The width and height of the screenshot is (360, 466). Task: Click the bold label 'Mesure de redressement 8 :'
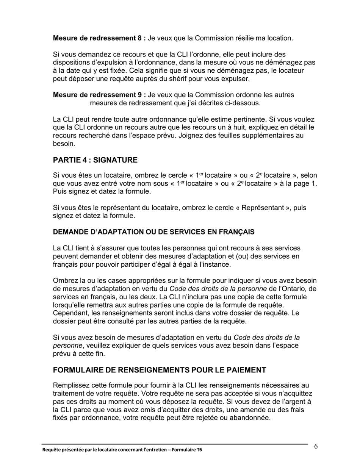click(x=99, y=38)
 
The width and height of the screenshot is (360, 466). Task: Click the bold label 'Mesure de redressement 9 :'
click(x=99, y=95)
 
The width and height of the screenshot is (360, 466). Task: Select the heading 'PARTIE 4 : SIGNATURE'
click(x=95, y=160)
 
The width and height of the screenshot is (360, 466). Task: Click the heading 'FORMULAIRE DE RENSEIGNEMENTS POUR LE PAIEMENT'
click(x=160, y=370)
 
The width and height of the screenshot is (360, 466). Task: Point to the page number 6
click(x=316, y=446)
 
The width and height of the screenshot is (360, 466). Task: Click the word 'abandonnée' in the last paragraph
click(x=252, y=418)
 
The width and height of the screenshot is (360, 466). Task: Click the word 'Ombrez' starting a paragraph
click(x=64, y=281)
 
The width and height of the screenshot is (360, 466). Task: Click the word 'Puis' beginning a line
click(x=60, y=192)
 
